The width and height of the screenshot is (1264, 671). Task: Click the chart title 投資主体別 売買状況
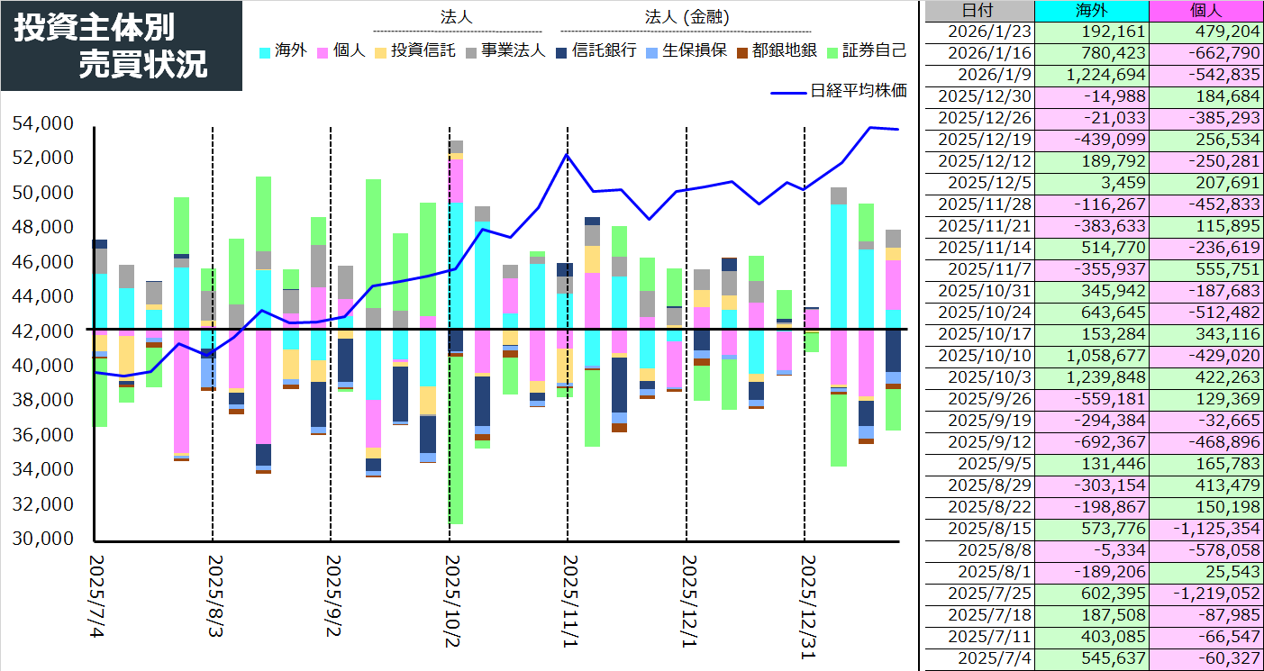(122, 46)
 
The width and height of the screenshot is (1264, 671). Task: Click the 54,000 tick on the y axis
(42, 123)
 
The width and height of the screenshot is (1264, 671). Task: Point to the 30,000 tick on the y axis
(42, 539)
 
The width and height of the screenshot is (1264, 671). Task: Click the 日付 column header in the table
(978, 11)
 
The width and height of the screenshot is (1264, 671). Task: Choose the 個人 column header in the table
(1206, 11)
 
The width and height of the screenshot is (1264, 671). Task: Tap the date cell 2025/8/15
(978, 530)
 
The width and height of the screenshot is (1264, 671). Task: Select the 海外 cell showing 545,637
(1092, 659)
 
